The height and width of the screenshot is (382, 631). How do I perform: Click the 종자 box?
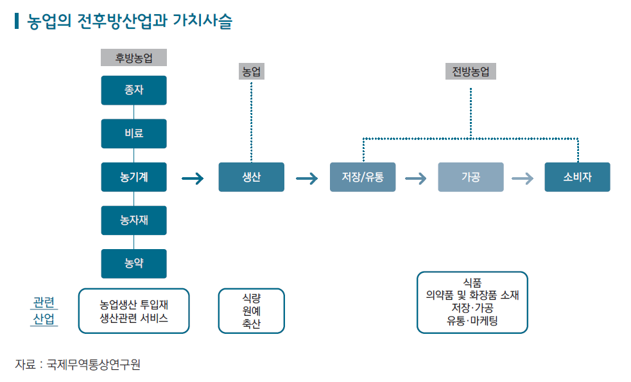tap(134, 90)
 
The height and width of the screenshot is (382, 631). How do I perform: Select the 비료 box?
tap(134, 134)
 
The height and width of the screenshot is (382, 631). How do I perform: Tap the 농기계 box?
tap(134, 177)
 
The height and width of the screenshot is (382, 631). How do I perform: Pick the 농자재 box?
tap(134, 221)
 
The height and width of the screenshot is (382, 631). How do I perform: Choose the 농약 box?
tap(134, 264)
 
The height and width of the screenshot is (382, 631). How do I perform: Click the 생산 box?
tap(252, 177)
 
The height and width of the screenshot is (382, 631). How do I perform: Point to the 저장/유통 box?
tap(363, 177)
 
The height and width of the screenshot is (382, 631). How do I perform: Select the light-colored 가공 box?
tap(471, 177)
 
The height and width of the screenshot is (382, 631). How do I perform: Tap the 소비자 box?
tap(578, 177)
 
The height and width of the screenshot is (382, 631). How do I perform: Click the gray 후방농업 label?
tap(134, 58)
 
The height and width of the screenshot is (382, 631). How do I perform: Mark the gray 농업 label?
tap(252, 71)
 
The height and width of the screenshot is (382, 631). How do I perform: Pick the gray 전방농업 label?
tap(471, 71)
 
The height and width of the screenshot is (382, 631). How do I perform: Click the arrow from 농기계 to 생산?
tap(193, 178)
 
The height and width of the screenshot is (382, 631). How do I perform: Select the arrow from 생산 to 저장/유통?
tap(307, 178)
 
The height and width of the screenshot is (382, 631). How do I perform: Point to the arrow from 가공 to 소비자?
tap(523, 178)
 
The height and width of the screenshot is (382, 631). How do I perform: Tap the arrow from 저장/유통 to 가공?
tap(416, 178)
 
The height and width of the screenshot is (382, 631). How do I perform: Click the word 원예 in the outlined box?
tap(252, 311)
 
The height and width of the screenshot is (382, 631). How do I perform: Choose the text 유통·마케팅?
tap(472, 321)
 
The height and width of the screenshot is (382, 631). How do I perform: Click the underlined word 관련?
tap(44, 302)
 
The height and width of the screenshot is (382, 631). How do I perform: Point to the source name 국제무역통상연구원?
tap(93, 365)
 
